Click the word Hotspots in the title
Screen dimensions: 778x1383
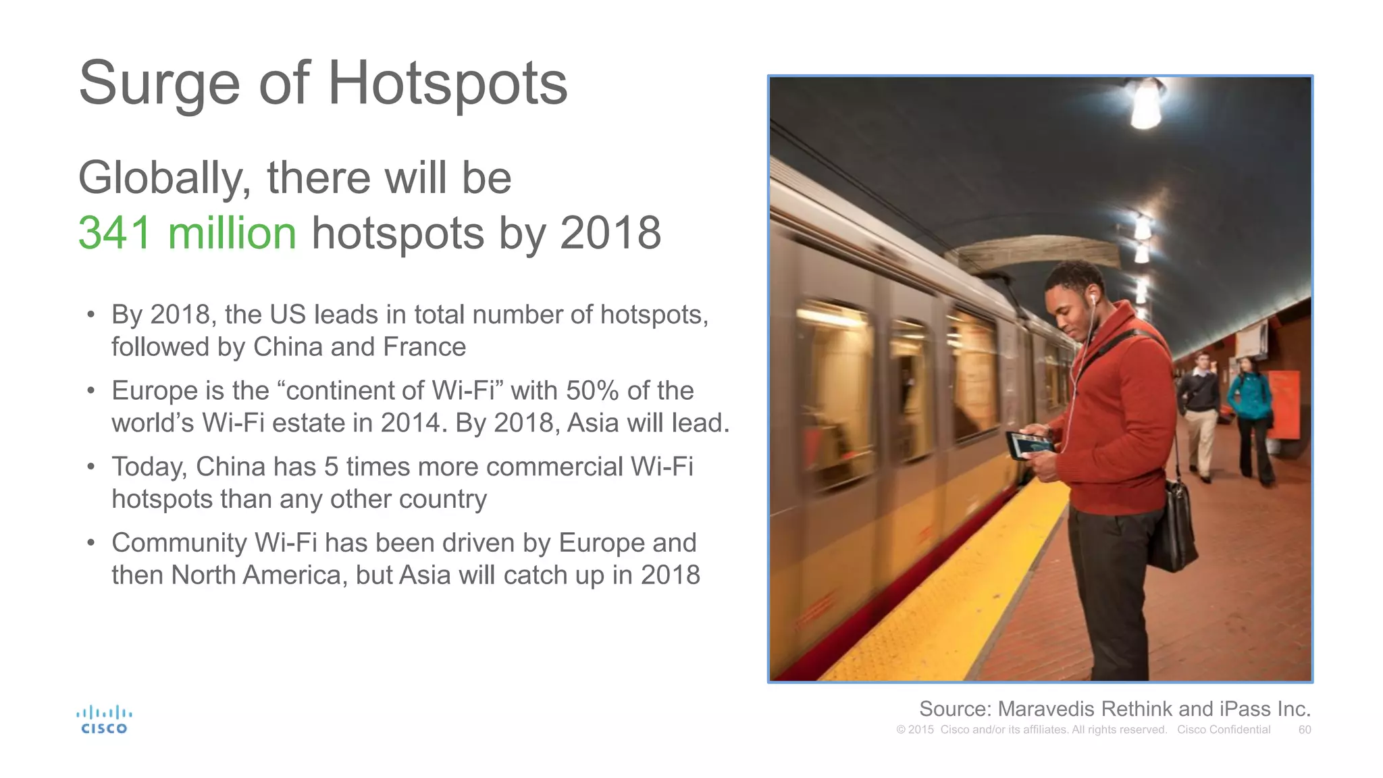click(x=447, y=84)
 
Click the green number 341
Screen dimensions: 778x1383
click(x=115, y=233)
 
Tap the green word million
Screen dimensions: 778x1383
click(x=232, y=233)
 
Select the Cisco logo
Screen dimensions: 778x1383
click(x=104, y=720)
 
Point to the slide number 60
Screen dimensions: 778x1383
click(x=1305, y=730)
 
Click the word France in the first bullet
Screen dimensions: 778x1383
click(x=424, y=347)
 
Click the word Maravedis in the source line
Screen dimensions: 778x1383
click(x=1047, y=709)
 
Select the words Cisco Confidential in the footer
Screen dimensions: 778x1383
click(x=1224, y=730)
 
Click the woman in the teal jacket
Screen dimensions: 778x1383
click(x=1250, y=415)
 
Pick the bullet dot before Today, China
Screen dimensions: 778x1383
click(x=91, y=467)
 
